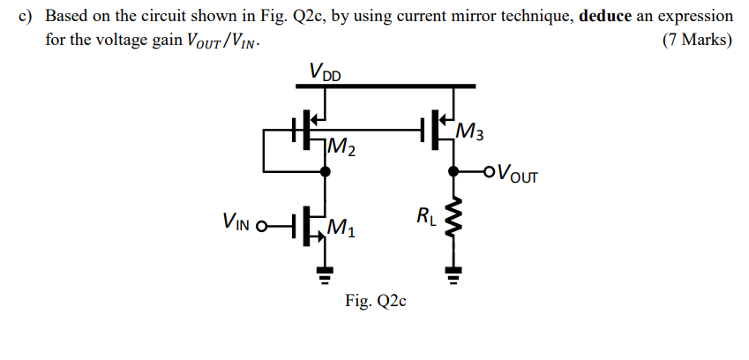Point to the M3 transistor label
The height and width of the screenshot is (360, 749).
point(471,134)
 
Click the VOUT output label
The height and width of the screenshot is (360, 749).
point(515,173)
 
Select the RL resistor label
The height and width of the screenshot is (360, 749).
point(425,215)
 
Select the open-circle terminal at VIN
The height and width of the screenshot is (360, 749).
point(261,222)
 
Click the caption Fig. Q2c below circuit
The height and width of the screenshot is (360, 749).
point(375,302)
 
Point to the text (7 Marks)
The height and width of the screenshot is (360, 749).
point(696,41)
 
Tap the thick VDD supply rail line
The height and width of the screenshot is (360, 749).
point(387,86)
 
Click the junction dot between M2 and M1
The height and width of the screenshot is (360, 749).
point(325,172)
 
